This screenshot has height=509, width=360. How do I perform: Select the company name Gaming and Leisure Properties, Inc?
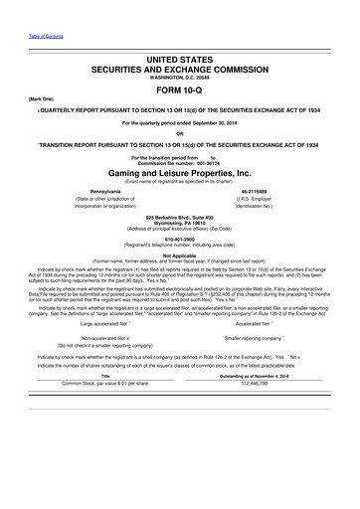(179, 171)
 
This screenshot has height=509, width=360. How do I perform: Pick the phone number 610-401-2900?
(179, 239)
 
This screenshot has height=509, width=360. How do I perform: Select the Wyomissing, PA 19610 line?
(179, 224)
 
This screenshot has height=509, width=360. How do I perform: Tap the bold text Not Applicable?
(179, 254)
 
